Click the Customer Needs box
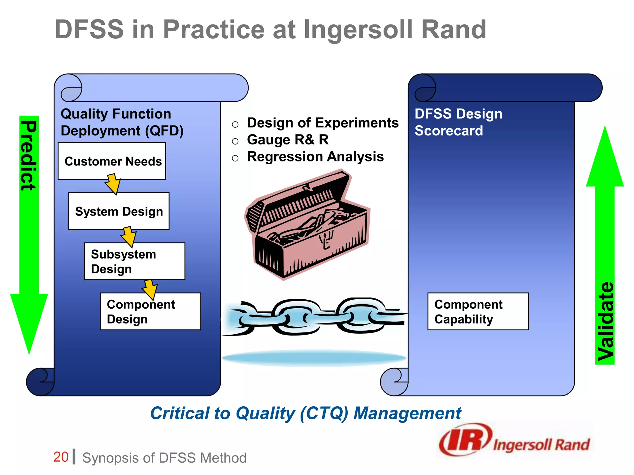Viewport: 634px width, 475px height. [112, 161]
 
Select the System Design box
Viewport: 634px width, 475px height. [119, 211]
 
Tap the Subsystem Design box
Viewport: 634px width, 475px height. [135, 261]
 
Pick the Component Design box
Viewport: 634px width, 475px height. [150, 311]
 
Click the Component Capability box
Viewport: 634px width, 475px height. [478, 311]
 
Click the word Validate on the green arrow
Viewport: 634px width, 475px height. [605, 322]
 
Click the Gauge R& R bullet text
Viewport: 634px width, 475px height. [288, 140]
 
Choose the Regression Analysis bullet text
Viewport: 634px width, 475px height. [315, 157]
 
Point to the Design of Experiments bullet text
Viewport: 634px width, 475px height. [323, 123]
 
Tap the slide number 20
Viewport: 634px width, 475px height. [61, 457]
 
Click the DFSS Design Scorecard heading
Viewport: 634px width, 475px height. [458, 122]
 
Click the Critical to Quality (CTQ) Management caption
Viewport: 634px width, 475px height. [306, 413]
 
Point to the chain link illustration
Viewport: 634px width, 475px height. [314, 317]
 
